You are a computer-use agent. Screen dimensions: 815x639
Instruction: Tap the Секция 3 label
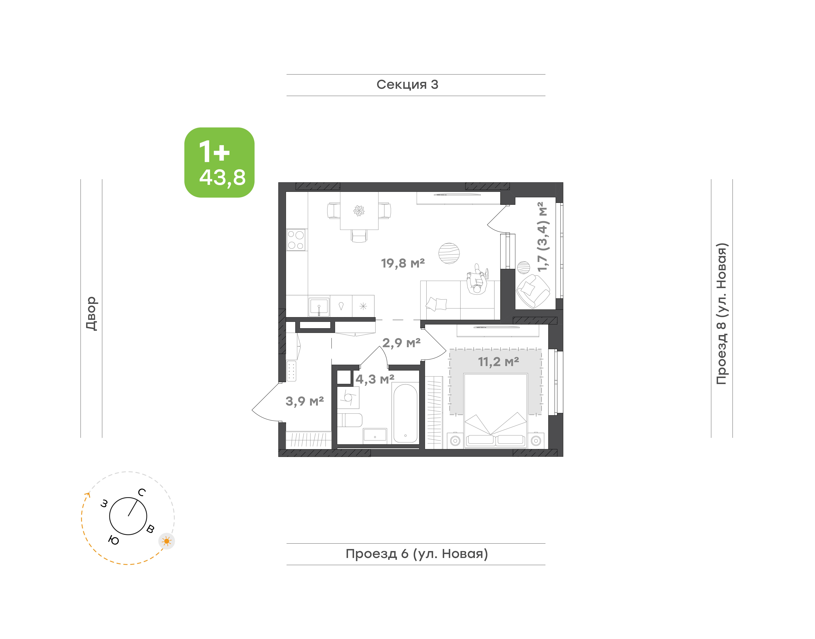click(x=407, y=85)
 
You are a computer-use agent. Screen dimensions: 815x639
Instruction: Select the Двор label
click(x=91, y=314)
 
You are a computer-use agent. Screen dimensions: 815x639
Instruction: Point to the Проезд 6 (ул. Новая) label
click(x=417, y=554)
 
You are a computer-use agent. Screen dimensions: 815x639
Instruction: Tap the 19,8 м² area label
click(x=403, y=263)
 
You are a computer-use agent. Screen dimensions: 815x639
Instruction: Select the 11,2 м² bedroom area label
click(x=498, y=362)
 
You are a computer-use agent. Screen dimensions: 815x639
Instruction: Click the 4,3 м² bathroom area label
click(x=375, y=379)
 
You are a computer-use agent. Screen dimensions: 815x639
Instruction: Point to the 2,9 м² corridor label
click(x=401, y=343)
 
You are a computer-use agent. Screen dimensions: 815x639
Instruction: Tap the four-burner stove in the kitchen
click(x=296, y=240)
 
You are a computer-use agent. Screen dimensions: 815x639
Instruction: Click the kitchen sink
click(x=319, y=307)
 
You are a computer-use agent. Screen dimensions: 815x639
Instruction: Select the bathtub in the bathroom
click(x=405, y=413)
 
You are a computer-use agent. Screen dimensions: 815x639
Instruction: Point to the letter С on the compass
click(x=142, y=492)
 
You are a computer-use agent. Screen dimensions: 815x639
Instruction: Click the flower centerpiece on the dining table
click(x=359, y=211)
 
